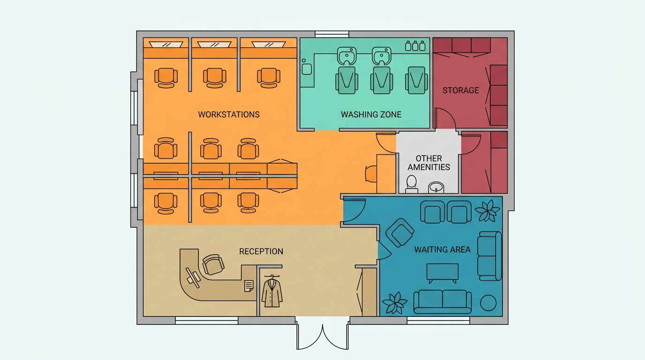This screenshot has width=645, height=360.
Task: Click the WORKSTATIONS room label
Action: pyautogui.click(x=229, y=115)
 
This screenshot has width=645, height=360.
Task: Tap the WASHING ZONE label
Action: pyautogui.click(x=371, y=115)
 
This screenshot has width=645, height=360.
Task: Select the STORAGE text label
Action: pyautogui.click(x=461, y=90)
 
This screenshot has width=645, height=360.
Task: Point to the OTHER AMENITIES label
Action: pyautogui.click(x=429, y=163)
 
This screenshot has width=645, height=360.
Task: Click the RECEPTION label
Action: pyautogui.click(x=261, y=251)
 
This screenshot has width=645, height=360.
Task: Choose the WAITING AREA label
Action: pyautogui.click(x=442, y=249)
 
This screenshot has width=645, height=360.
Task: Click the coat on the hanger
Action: pyautogui.click(x=272, y=292)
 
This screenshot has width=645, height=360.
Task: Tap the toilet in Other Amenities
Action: pyautogui.click(x=412, y=184)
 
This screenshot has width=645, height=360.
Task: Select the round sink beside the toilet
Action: pyautogui.click(x=436, y=187)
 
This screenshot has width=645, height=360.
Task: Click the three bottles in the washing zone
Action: pyautogui.click(x=415, y=46)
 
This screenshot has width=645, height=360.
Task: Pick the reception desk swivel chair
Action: pyautogui.click(x=213, y=264)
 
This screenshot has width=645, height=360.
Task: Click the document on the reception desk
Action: pyautogui.click(x=249, y=286)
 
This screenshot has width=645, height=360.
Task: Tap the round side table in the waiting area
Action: pyautogui.click(x=488, y=303)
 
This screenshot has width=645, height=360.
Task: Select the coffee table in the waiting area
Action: pyautogui.click(x=442, y=273)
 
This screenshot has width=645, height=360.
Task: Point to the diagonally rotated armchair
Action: pyautogui.click(x=400, y=232)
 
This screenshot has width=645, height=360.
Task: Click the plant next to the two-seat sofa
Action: pyautogui.click(x=395, y=303)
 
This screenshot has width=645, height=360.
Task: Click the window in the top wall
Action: pyautogui.click(x=332, y=34)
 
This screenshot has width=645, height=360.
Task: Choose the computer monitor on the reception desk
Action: pyautogui.click(x=193, y=277)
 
